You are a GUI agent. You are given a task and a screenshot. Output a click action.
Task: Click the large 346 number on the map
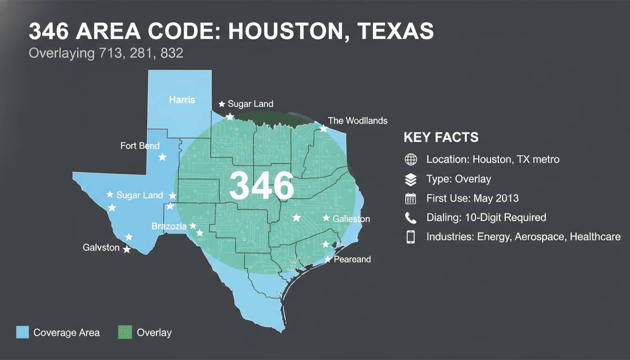pyautogui.click(x=262, y=186)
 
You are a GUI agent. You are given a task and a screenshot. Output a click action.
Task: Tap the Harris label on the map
pyautogui.click(x=182, y=100)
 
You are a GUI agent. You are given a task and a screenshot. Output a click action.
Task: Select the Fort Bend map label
pyautogui.click(x=140, y=146)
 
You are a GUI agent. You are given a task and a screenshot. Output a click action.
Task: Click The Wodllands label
pyautogui.click(x=358, y=120)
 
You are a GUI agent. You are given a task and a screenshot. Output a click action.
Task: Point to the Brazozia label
pyautogui.click(x=169, y=226)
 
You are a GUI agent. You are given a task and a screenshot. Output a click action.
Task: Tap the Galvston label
pyautogui.click(x=101, y=247)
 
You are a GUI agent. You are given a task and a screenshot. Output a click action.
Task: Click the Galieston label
pyautogui.click(x=351, y=219)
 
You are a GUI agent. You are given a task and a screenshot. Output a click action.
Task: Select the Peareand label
pyautogui.click(x=352, y=259)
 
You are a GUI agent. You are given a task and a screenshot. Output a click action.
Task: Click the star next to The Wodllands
pyautogui.click(x=323, y=128)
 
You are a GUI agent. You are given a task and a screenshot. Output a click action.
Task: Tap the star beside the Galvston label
pyautogui.click(x=127, y=249)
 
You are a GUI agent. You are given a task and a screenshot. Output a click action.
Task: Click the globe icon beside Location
pyautogui.click(x=411, y=159)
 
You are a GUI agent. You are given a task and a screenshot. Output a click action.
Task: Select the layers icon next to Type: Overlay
pyautogui.click(x=411, y=179)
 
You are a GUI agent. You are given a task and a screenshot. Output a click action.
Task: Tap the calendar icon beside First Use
pyautogui.click(x=411, y=198)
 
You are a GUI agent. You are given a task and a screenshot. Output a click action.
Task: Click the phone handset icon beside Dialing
pyautogui.click(x=411, y=217)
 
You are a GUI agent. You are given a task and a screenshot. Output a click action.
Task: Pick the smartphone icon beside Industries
pyautogui.click(x=411, y=237)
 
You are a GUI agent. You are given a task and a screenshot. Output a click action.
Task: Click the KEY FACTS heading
pyautogui.click(x=441, y=137)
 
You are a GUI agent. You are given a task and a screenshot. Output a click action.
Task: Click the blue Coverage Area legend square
pyautogui.click(x=22, y=332)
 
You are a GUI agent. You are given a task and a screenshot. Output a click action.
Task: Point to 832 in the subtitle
pyautogui.click(x=172, y=53)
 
